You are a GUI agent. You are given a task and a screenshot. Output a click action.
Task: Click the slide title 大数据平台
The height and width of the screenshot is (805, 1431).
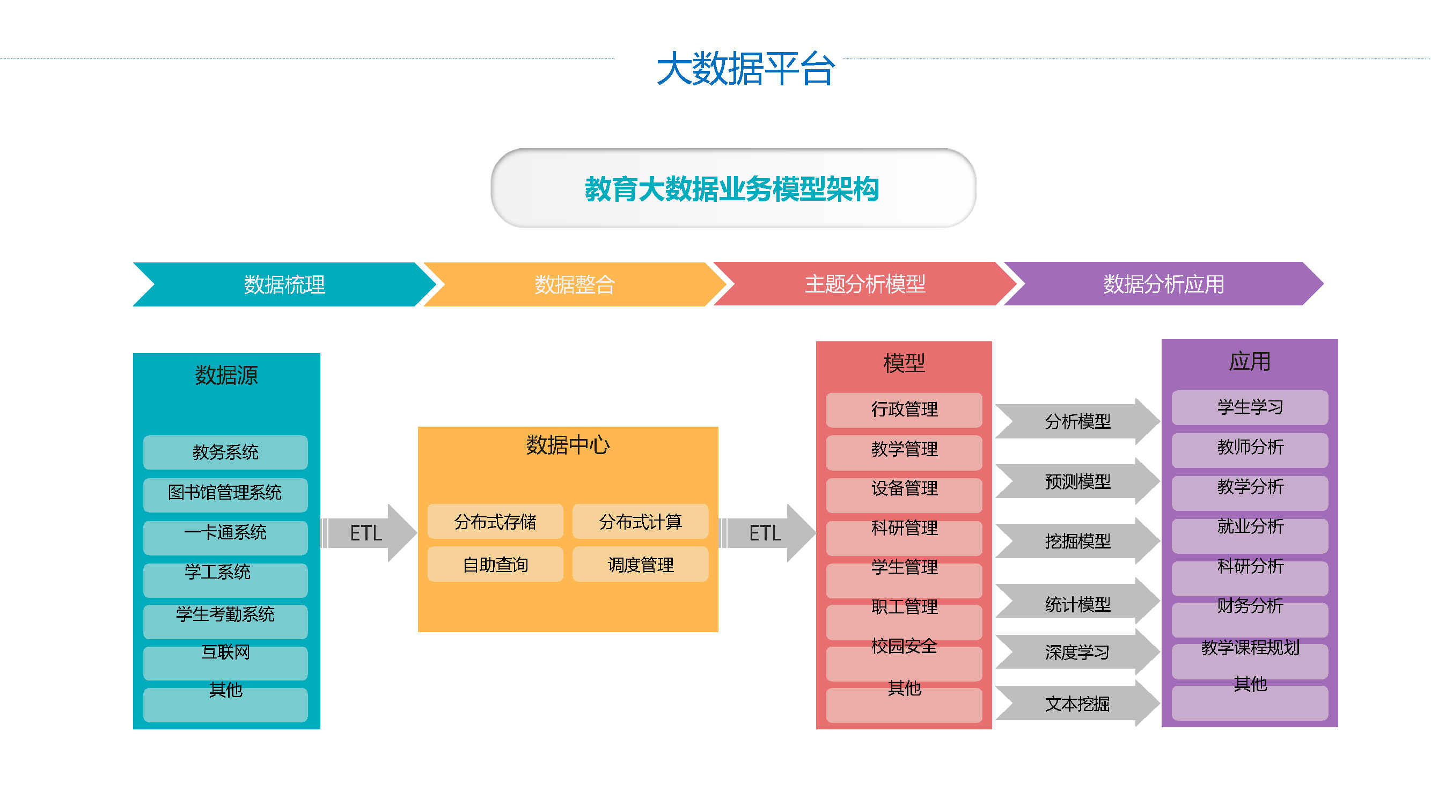point(745,69)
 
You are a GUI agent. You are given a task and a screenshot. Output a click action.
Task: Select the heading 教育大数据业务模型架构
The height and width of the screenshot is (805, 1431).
point(732,189)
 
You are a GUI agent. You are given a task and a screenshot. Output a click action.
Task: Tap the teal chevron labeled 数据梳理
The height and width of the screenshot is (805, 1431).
point(284,284)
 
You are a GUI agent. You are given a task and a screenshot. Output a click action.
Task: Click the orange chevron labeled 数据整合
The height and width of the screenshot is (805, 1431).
point(575,284)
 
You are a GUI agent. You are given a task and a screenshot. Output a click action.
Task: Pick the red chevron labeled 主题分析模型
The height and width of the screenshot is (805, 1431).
point(865,284)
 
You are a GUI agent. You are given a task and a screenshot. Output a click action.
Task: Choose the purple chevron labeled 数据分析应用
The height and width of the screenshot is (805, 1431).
point(1164,284)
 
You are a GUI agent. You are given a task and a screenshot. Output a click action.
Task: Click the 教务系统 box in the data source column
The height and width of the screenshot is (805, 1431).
point(225,452)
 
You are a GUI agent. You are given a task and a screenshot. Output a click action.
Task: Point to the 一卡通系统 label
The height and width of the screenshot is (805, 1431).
point(225,532)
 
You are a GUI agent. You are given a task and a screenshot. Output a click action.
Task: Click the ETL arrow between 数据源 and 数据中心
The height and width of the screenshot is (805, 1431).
point(369,533)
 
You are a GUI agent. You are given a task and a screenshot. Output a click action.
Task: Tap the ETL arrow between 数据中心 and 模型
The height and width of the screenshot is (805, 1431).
point(768,533)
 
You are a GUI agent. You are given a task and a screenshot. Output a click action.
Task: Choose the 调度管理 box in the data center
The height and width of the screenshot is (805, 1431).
point(641,565)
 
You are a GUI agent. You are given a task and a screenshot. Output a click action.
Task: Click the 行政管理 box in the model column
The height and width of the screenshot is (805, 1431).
point(905,410)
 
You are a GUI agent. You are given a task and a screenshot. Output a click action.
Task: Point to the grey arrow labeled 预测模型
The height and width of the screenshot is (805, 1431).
point(1078,481)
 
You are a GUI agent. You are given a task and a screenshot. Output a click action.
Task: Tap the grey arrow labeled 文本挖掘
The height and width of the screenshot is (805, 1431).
point(1078,704)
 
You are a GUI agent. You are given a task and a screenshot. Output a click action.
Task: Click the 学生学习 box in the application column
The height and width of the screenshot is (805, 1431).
point(1250,408)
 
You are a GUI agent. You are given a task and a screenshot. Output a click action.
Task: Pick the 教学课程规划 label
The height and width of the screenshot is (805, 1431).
point(1250,647)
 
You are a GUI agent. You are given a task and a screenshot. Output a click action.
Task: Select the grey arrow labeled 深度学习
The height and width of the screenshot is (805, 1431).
point(1078,652)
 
